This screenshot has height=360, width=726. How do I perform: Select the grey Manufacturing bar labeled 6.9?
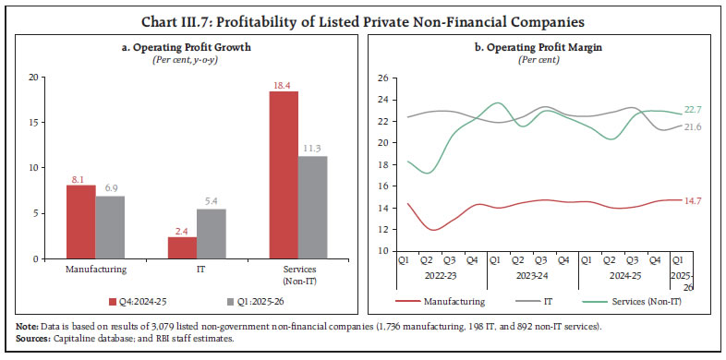[110, 227]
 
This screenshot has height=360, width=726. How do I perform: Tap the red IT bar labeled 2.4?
[181, 247]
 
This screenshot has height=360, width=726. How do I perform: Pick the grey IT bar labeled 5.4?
[211, 234]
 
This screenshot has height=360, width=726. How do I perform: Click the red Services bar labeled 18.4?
[284, 175]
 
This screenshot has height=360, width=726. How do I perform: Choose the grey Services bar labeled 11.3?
[313, 208]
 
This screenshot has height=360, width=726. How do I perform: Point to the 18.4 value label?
[283, 84]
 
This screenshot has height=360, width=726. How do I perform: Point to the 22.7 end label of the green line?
[694, 111]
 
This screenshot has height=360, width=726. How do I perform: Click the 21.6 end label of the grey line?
[694, 126]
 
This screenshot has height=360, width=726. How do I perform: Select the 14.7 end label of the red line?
[694, 200]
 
